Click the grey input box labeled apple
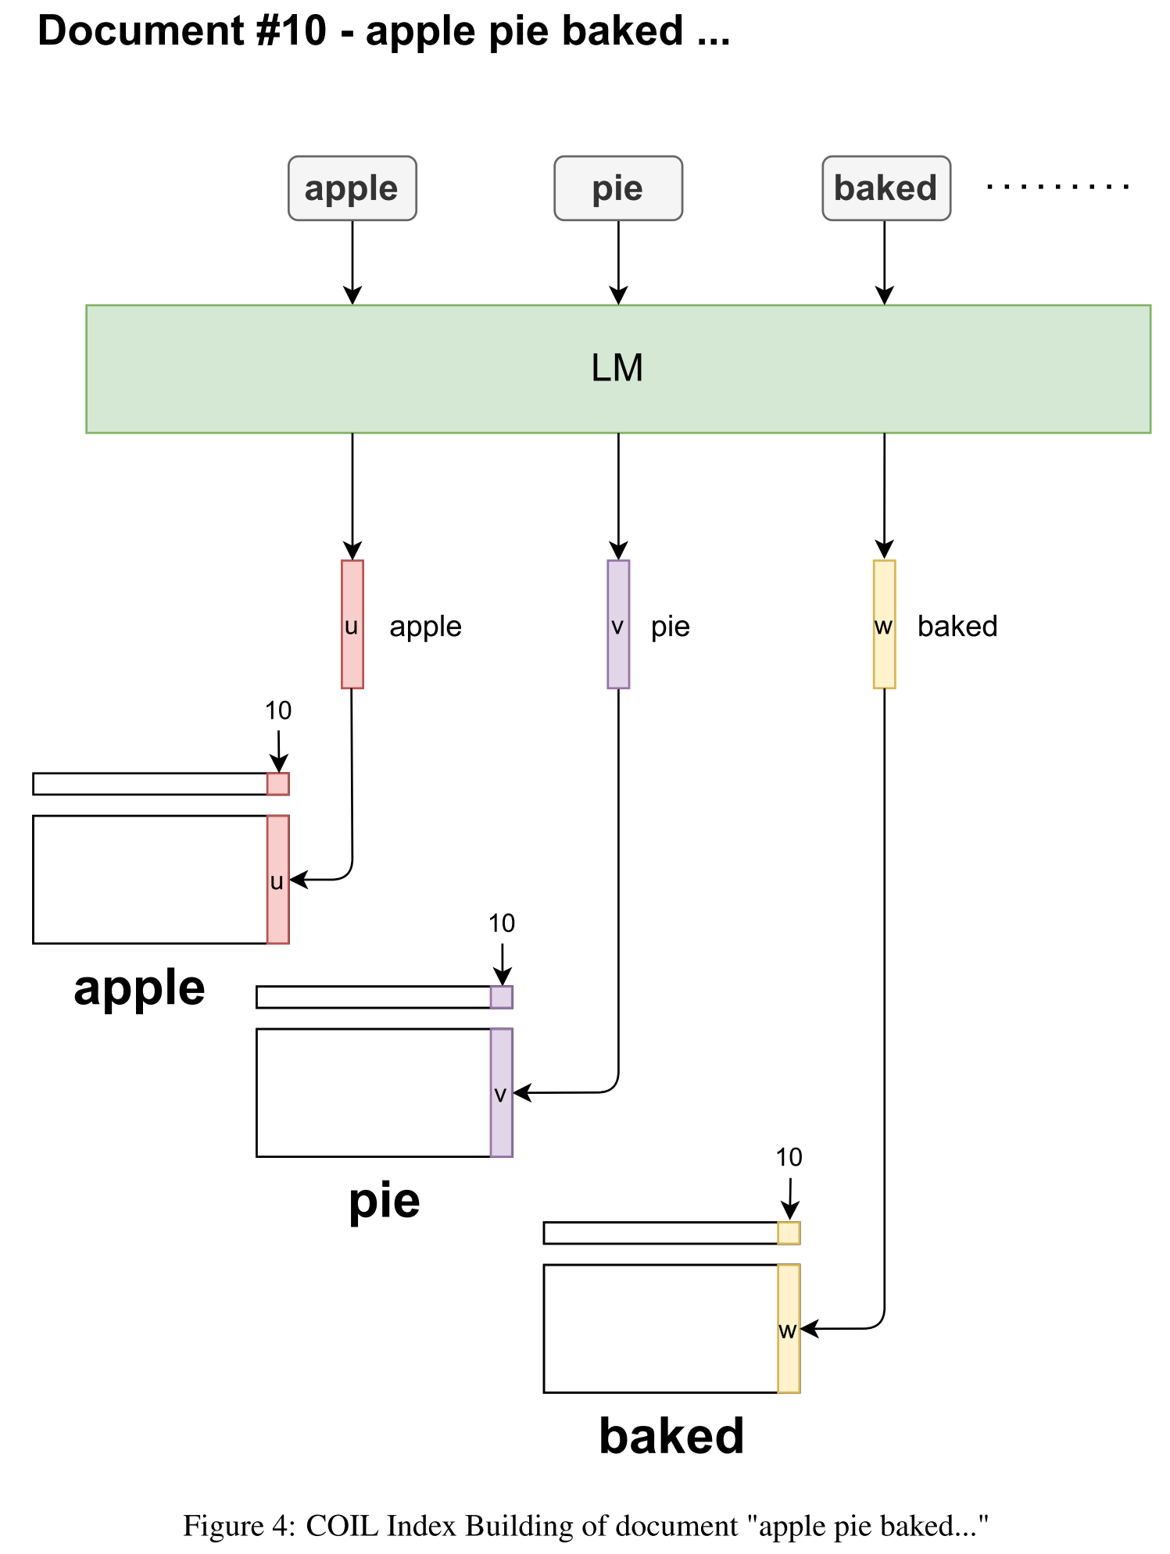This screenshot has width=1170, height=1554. click(x=352, y=188)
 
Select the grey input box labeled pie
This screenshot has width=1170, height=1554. click(x=617, y=188)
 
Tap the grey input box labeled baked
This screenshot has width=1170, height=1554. click(x=886, y=188)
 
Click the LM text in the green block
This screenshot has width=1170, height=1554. click(x=617, y=368)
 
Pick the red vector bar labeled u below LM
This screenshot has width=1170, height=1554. click(x=352, y=623)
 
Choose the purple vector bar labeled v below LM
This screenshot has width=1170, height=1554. click(x=617, y=623)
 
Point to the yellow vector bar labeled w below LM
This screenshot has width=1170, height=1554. click(x=884, y=623)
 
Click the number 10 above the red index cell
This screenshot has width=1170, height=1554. click(x=277, y=710)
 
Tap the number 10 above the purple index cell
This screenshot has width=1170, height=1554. click(x=501, y=923)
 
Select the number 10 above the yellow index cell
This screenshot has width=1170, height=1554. click(x=789, y=1157)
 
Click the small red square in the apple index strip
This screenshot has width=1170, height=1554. click(x=277, y=784)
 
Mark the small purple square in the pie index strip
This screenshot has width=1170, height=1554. click(x=501, y=997)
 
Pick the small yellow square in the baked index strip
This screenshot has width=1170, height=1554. click(x=789, y=1233)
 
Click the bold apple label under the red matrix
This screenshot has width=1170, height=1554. click(x=139, y=989)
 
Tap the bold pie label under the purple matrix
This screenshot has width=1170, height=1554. click(x=384, y=1201)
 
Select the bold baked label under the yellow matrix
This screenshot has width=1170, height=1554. click(x=671, y=1436)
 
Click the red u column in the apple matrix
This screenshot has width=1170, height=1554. click(x=277, y=879)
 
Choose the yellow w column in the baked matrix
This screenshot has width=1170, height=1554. click(x=789, y=1328)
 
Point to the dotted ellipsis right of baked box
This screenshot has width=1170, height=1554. click(x=1057, y=187)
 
